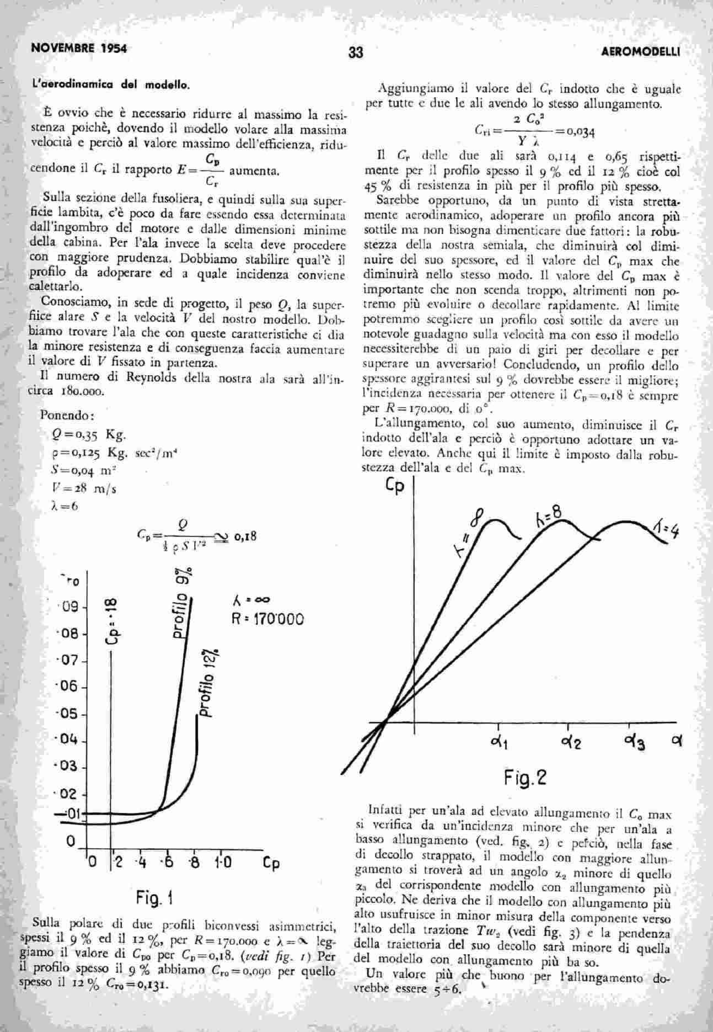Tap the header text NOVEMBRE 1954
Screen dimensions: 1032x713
coord(79,48)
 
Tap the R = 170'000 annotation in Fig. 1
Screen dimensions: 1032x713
coord(268,619)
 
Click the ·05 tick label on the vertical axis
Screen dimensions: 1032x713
coord(71,714)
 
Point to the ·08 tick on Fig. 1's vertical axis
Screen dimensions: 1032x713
coord(71,633)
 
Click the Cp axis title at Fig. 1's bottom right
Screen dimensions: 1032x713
coord(270,863)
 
